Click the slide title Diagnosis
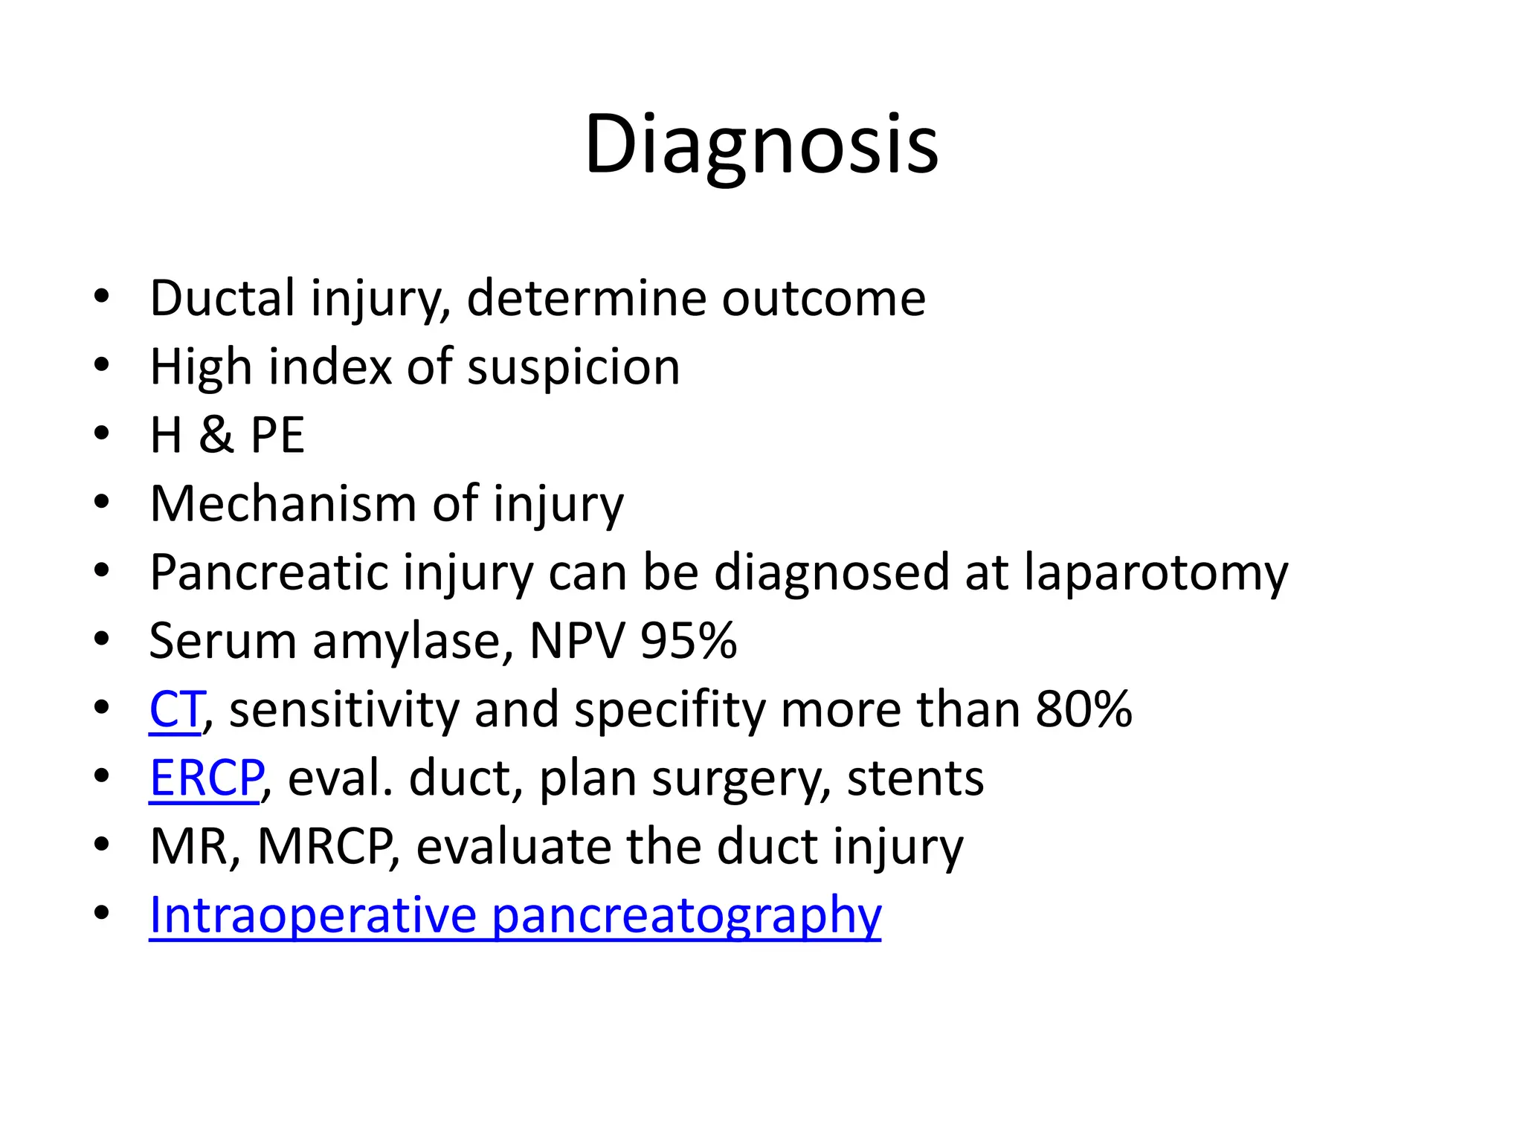point(761,145)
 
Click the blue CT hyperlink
point(176,709)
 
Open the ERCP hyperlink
point(206,778)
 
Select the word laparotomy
point(1156,572)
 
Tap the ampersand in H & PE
point(216,435)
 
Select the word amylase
point(413,641)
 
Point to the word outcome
point(823,298)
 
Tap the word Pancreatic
point(268,572)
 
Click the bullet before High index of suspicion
point(102,365)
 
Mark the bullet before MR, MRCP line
point(102,845)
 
